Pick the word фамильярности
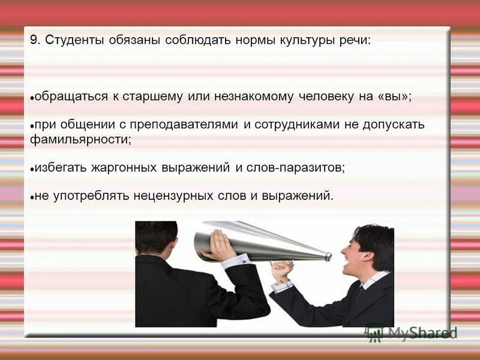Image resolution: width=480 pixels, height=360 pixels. (79, 140)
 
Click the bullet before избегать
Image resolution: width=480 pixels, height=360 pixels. (32, 169)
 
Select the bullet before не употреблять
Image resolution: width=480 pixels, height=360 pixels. (32, 197)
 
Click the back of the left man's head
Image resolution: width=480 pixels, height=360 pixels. (157, 238)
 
